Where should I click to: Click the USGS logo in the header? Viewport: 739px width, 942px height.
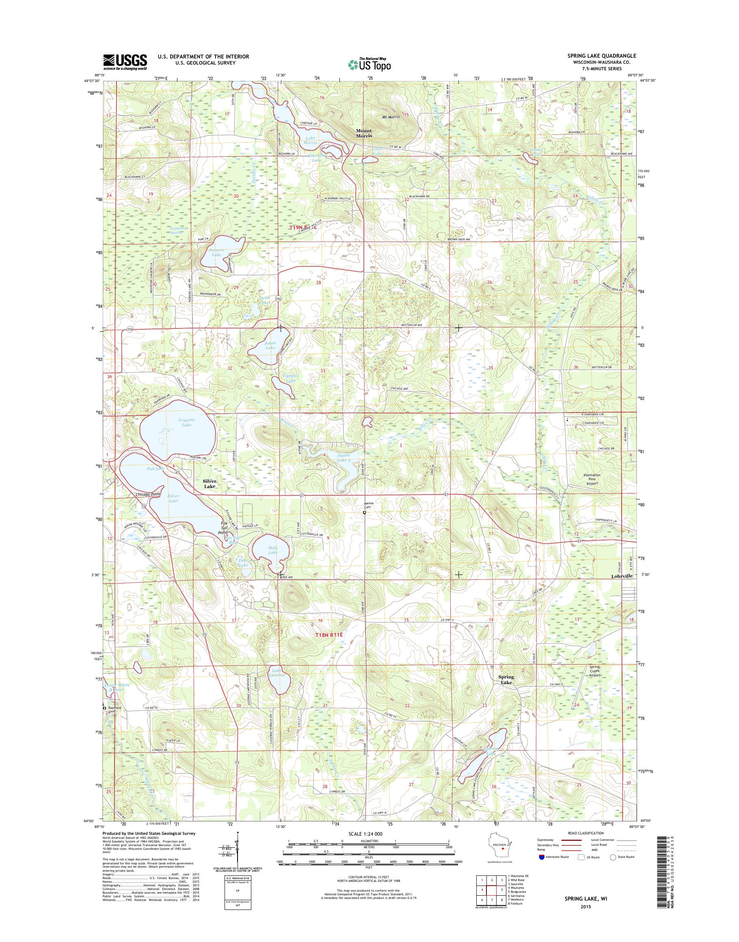point(125,62)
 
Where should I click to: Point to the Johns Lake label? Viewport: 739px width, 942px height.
point(270,345)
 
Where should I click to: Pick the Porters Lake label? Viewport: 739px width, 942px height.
point(215,253)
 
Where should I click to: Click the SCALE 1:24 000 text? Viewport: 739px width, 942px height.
point(367,845)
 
